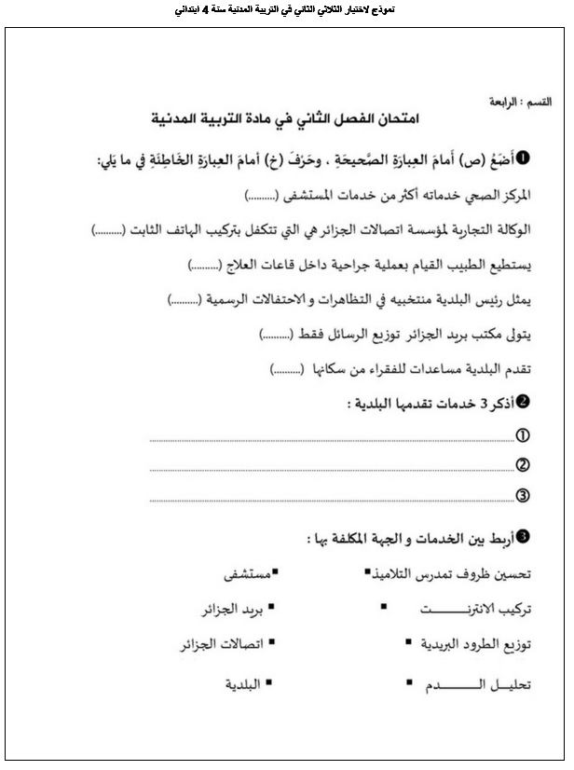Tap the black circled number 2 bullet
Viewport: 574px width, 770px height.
(523, 402)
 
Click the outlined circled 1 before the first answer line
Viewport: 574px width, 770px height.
(523, 435)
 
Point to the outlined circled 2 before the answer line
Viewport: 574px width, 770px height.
(523, 464)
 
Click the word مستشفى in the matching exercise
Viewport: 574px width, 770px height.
(239, 573)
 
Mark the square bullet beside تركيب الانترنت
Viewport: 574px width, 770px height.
(384, 607)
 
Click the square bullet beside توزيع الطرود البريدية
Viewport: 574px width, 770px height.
(409, 642)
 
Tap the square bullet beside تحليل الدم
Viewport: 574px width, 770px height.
(409, 682)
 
